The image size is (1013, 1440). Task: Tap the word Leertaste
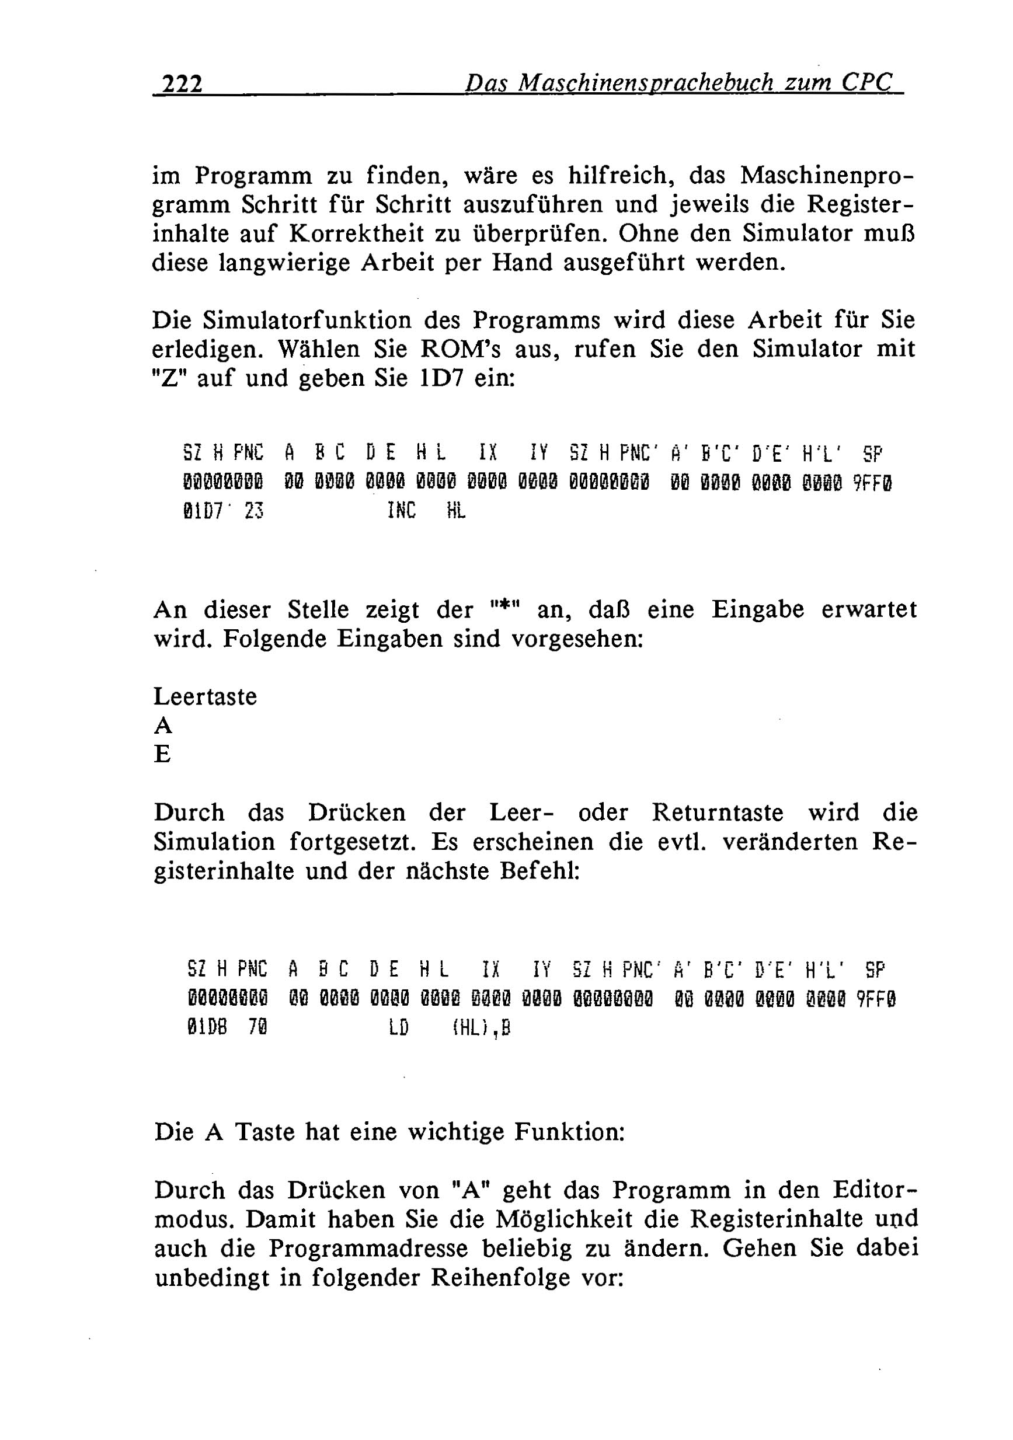tap(205, 697)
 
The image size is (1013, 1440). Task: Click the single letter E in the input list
tap(162, 754)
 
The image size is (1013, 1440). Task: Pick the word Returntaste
tap(718, 813)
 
